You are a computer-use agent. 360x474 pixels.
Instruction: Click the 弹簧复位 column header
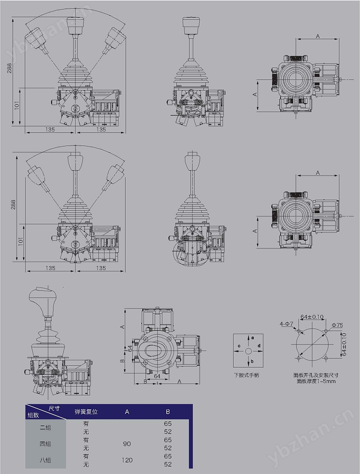[x=86, y=412]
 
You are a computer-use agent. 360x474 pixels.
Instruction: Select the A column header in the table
[x=127, y=412]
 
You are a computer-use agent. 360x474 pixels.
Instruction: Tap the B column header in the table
[x=168, y=412]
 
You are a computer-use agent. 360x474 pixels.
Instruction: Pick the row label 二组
[x=45, y=428]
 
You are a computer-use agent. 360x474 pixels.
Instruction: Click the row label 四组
[x=45, y=444]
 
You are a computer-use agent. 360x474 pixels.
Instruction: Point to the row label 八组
[x=45, y=460]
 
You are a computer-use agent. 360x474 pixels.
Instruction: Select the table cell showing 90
[x=127, y=444]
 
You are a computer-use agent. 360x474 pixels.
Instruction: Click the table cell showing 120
[x=127, y=460]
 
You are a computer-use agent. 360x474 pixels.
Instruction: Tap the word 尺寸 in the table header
[x=54, y=408]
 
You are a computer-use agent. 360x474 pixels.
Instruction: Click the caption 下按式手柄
[x=246, y=375]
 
